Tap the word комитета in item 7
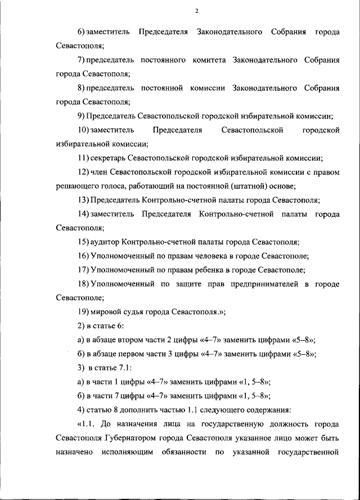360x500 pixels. [206, 60]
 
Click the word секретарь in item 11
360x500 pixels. [107, 158]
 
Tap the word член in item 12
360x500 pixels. [98, 172]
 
